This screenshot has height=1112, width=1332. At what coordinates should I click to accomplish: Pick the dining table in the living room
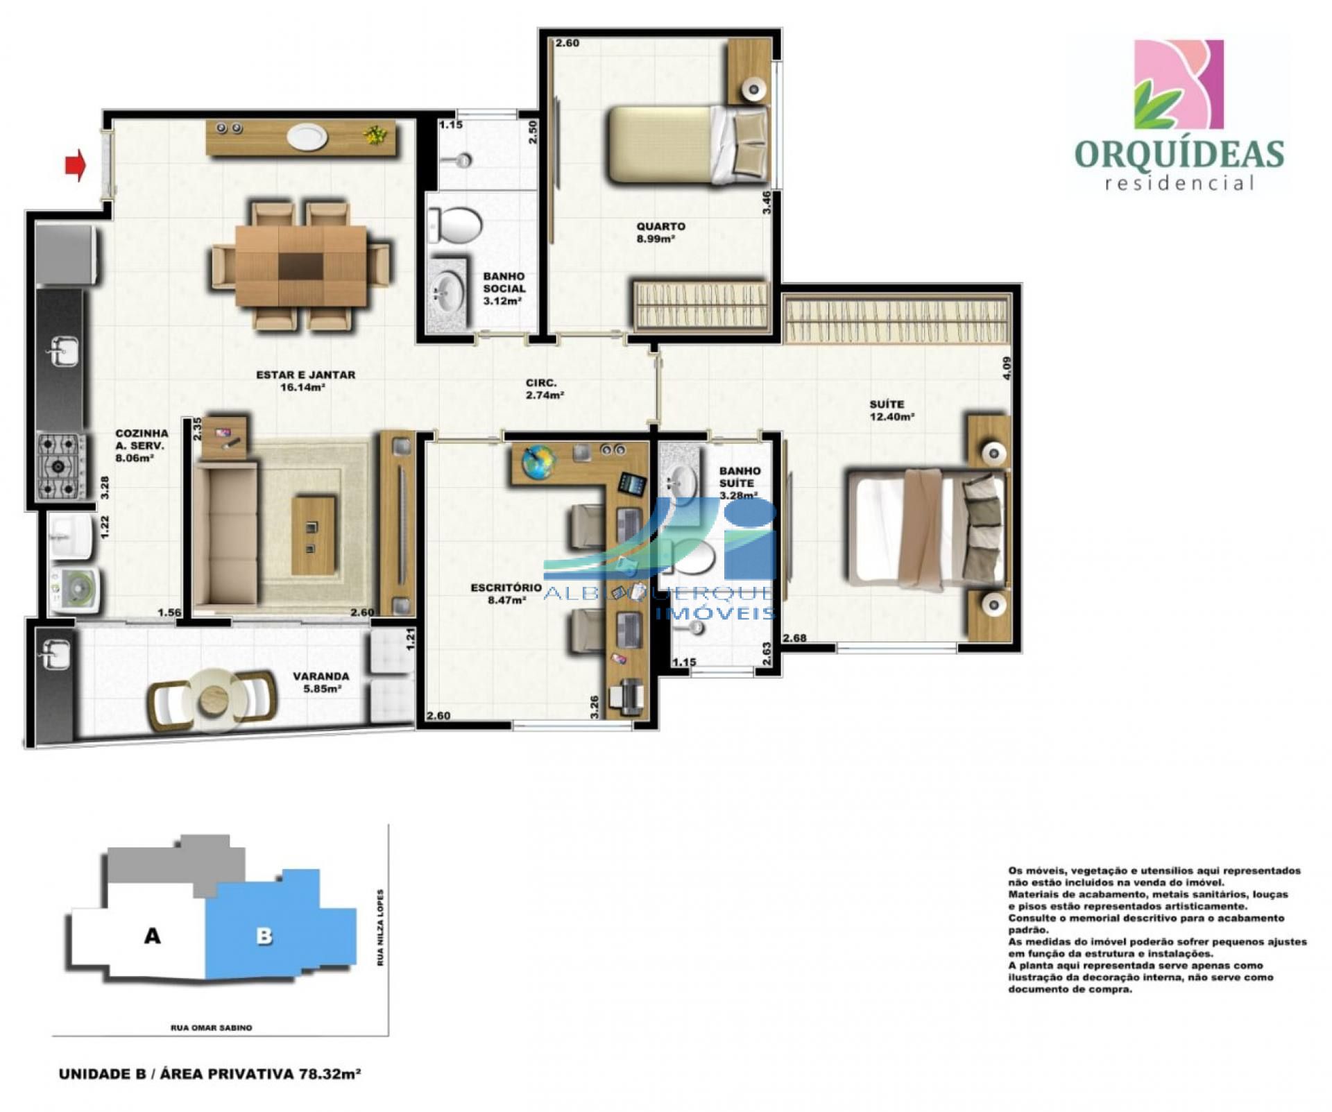click(301, 265)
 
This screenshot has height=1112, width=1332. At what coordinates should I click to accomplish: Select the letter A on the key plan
click(152, 936)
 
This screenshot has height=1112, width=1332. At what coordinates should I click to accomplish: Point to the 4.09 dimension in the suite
click(1007, 367)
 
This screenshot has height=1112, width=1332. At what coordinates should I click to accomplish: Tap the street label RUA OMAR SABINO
click(212, 1027)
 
